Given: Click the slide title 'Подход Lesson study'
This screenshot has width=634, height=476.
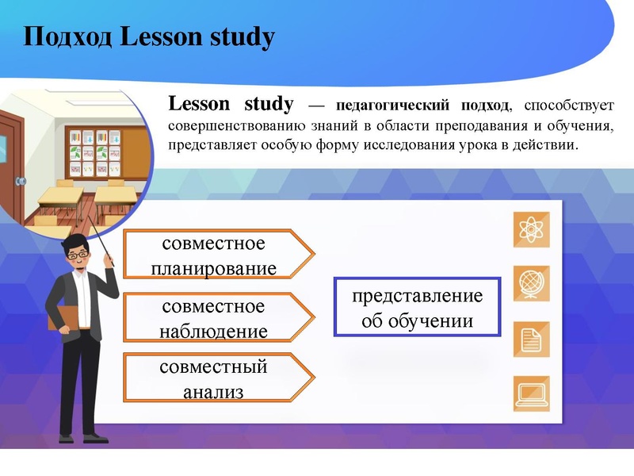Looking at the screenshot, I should [149, 36].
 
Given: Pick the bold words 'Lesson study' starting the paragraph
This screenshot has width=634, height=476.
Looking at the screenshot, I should [231, 104].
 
